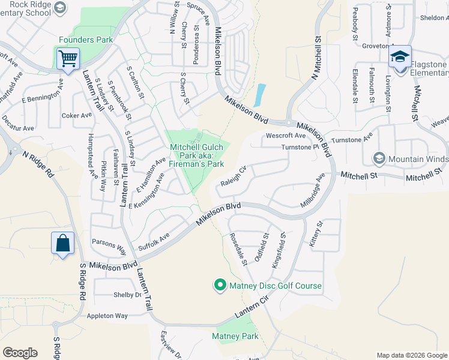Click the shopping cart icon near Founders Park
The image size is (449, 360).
(x=68, y=59)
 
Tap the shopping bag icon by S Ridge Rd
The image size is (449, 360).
(x=62, y=243)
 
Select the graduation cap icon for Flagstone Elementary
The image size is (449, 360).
(x=400, y=57)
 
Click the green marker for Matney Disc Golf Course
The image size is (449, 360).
(x=220, y=286)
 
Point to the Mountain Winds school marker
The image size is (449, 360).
(x=379, y=159)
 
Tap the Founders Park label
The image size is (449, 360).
(x=86, y=40)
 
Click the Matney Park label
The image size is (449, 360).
(x=235, y=336)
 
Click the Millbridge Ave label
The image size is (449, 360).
(x=313, y=191)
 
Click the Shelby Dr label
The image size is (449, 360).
(x=127, y=295)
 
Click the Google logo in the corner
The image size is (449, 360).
(x=20, y=353)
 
